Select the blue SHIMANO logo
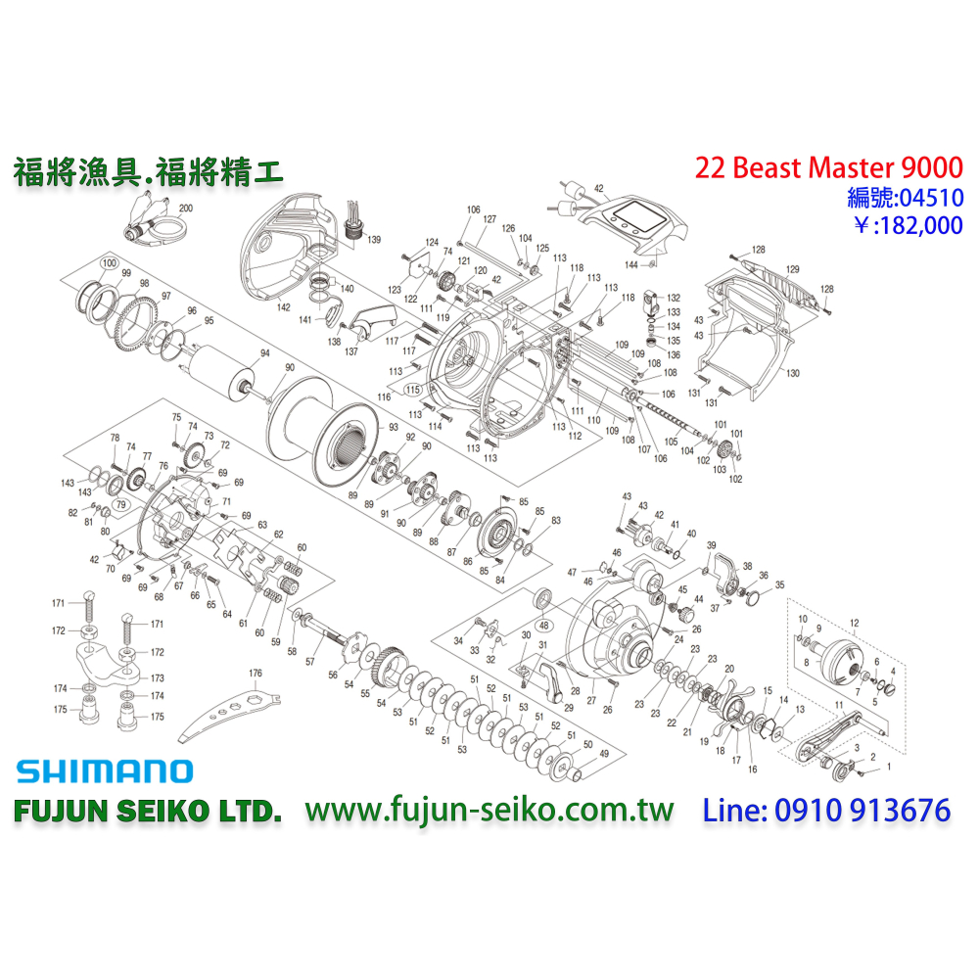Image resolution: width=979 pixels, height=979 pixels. coord(104,770)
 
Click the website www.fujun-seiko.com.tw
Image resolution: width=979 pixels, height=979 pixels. coord(489,811)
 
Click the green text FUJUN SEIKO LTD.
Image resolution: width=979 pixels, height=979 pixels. coord(148,812)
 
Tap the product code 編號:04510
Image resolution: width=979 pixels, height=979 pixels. coord(905,198)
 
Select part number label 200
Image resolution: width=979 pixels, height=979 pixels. coord(186,210)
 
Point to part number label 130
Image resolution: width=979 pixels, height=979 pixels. coord(792,373)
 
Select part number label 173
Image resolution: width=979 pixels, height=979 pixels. coord(157,677)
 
